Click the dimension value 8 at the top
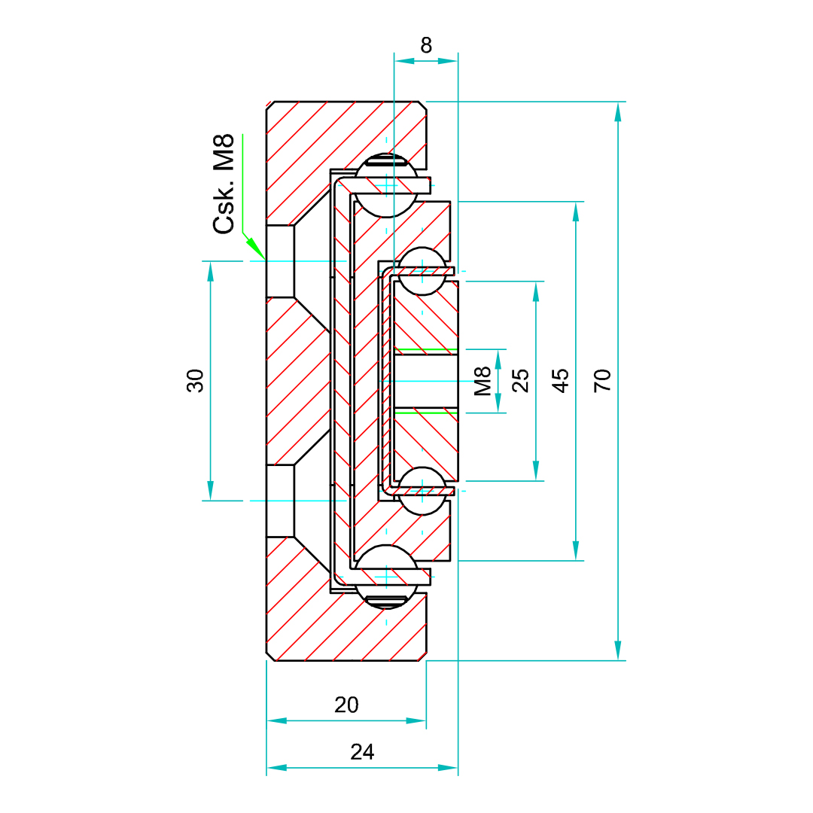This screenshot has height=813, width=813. pyautogui.click(x=426, y=45)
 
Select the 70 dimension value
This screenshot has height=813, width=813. pyautogui.click(x=602, y=380)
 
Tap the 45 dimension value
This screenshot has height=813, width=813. pyautogui.click(x=560, y=380)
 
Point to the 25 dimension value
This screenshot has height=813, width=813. pyautogui.click(x=520, y=380)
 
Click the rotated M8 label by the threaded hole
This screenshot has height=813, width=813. pyautogui.click(x=483, y=381)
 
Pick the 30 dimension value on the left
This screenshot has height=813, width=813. pyautogui.click(x=195, y=380)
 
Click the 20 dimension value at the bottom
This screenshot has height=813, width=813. pyautogui.click(x=346, y=705)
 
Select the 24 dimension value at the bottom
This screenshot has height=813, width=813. pyautogui.click(x=362, y=751)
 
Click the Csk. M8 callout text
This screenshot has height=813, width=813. pyautogui.click(x=225, y=184)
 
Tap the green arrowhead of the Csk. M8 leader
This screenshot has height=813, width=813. pyautogui.click(x=256, y=248)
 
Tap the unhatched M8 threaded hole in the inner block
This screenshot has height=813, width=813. pyautogui.click(x=426, y=381)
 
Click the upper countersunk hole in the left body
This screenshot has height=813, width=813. pyautogui.click(x=281, y=260)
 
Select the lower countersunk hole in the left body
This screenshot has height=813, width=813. pyautogui.click(x=281, y=501)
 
